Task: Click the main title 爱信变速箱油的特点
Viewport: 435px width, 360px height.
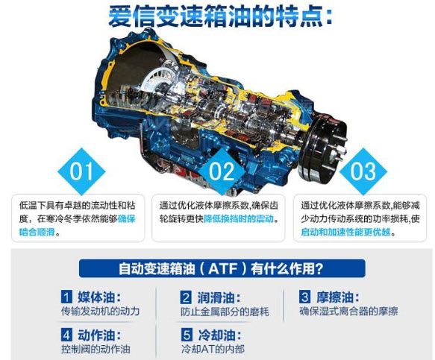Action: tap(219, 16)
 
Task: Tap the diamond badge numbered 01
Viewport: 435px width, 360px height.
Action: tap(81, 171)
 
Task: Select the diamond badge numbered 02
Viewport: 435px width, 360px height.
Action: tap(222, 171)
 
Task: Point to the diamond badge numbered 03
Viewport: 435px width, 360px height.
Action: tap(363, 171)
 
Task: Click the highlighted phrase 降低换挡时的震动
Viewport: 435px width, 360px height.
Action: tap(239, 219)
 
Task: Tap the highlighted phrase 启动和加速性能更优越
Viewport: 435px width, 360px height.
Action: tap(345, 232)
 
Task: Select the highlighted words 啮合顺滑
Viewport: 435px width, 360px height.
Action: tap(37, 232)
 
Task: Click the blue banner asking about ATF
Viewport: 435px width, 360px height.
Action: tap(222, 268)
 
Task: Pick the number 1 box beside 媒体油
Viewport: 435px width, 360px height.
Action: tap(66, 297)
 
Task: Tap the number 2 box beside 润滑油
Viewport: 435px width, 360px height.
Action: tap(186, 297)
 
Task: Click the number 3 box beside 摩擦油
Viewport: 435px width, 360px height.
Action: tap(305, 297)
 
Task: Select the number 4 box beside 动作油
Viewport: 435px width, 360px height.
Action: tap(66, 335)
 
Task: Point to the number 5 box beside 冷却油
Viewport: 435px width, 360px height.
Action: tap(187, 335)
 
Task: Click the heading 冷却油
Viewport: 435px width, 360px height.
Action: tap(219, 335)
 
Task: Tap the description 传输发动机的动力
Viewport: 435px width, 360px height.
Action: tap(100, 312)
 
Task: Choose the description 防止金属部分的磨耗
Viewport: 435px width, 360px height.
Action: tap(225, 312)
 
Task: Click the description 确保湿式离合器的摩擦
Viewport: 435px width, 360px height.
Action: tap(348, 312)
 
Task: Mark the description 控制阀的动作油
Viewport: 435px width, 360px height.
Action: tap(96, 349)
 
